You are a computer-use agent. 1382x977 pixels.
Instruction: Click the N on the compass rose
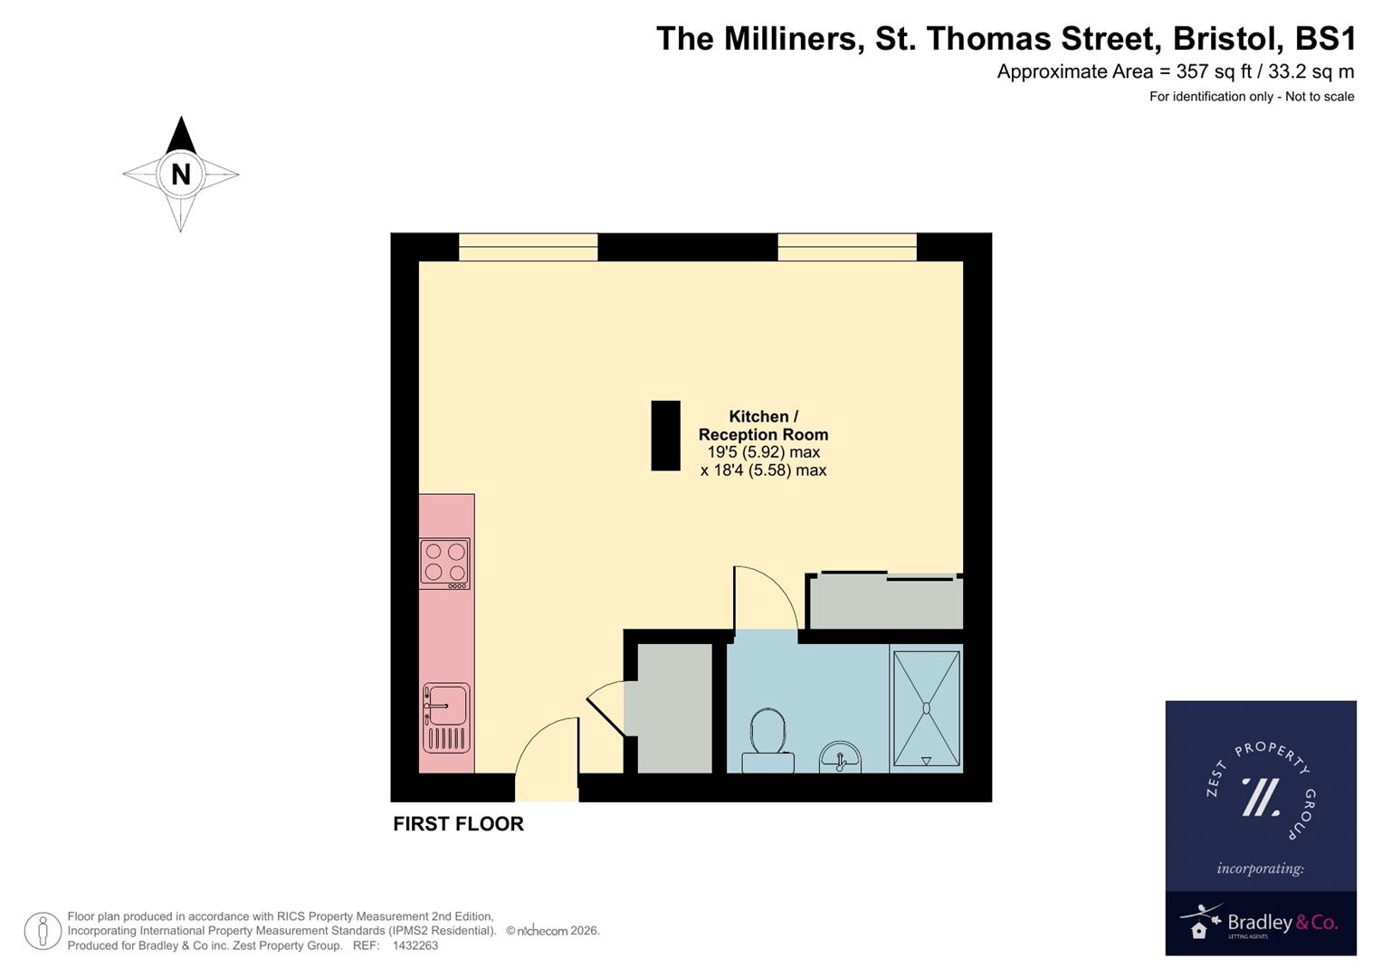(x=180, y=174)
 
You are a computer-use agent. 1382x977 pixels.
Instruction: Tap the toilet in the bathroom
(x=767, y=740)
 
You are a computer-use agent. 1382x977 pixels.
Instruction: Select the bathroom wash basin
(x=840, y=758)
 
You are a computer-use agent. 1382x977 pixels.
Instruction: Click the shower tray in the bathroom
(x=926, y=708)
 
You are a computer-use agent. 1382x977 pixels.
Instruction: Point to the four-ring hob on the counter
(x=444, y=562)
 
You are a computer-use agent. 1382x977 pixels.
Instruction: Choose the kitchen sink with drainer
(x=445, y=717)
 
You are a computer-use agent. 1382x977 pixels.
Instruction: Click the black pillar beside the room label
(x=665, y=435)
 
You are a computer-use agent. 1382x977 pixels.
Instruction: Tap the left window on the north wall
(x=528, y=247)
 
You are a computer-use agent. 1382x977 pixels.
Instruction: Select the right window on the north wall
(x=846, y=247)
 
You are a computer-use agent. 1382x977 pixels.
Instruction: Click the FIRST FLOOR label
(x=458, y=824)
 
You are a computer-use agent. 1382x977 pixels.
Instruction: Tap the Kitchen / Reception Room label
(x=763, y=425)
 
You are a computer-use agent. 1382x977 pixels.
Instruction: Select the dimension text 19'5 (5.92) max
(x=763, y=452)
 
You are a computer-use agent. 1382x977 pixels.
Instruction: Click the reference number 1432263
(x=415, y=945)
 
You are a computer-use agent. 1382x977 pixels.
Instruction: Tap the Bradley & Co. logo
(x=1260, y=924)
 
